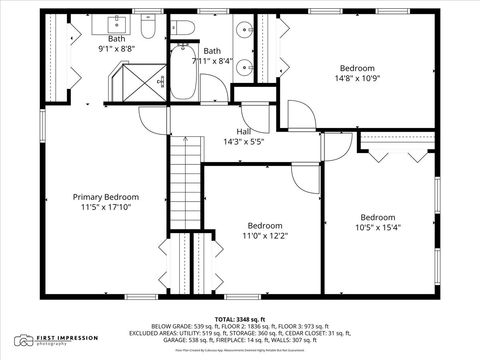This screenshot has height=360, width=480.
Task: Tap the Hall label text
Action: (243, 131)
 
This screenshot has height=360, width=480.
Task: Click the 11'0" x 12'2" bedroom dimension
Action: (265, 236)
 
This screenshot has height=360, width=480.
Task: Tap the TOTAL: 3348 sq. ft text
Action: (239, 318)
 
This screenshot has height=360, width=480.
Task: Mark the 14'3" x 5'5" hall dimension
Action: (243, 142)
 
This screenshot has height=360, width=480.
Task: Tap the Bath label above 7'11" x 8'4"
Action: (212, 50)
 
